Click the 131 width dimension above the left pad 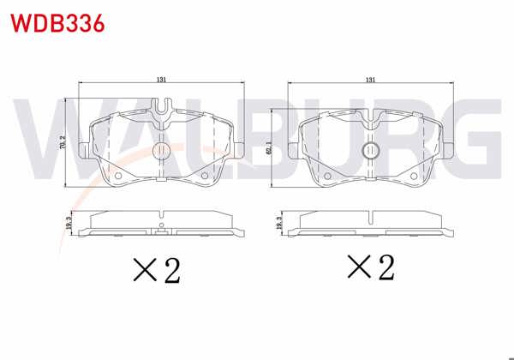(161, 80)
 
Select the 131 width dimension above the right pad (370, 80)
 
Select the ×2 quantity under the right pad (370, 268)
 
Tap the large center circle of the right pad (371, 151)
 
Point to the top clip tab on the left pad (161, 108)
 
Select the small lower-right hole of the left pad (204, 177)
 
